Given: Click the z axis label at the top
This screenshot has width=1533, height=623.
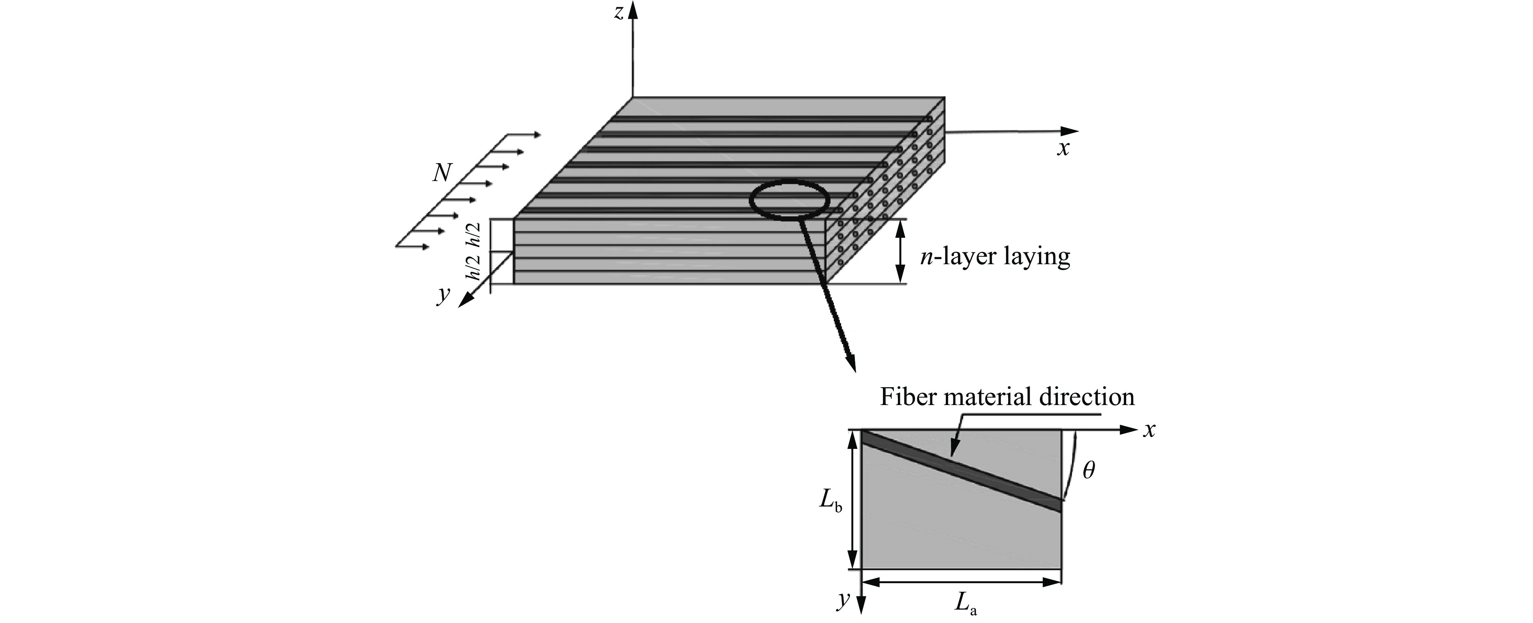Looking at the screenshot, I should [619, 13].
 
